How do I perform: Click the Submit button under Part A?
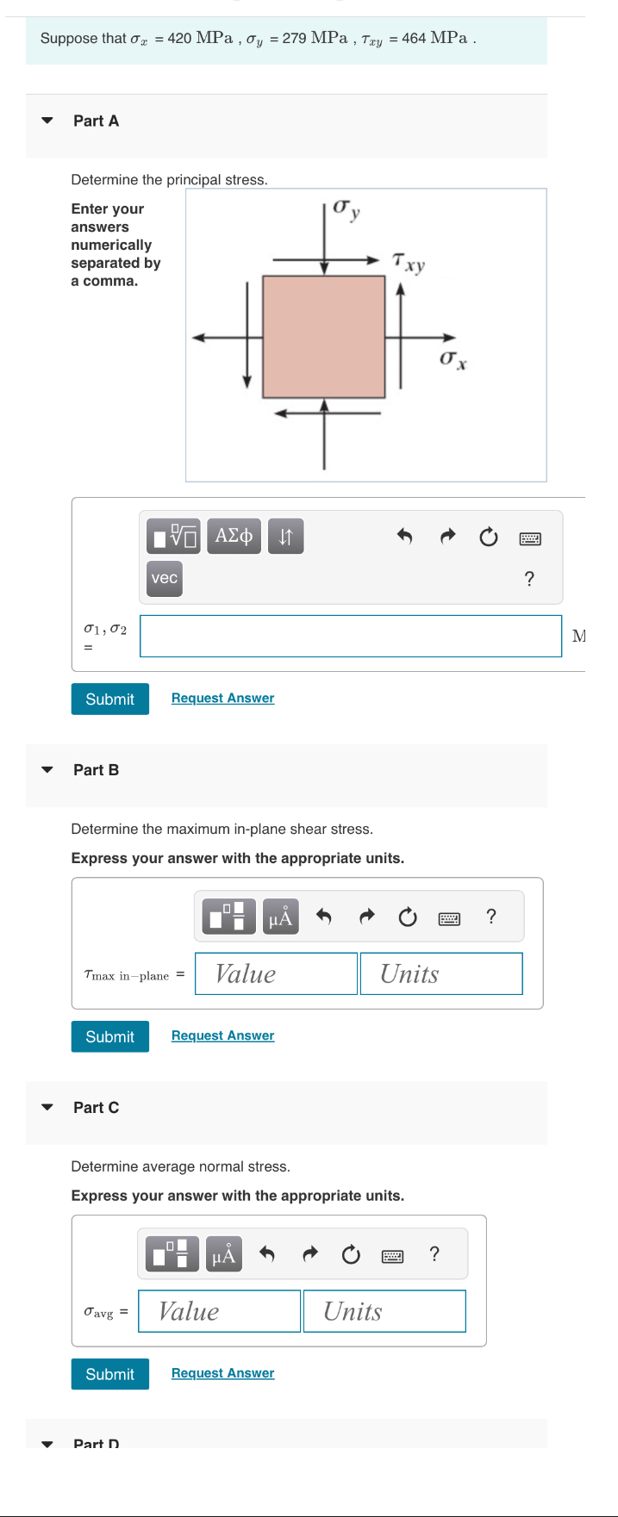[x=109, y=699]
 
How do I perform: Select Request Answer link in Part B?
[x=222, y=1035]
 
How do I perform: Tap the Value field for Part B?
[x=276, y=973]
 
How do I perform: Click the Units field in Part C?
[x=384, y=1311]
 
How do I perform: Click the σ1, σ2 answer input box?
[x=350, y=636]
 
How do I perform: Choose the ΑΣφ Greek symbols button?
[x=234, y=536]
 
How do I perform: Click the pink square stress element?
[x=323, y=337]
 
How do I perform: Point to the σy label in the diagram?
[x=346, y=209]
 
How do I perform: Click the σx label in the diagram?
[x=453, y=358]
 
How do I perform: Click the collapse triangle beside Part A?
[x=47, y=121]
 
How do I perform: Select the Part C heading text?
[x=96, y=1108]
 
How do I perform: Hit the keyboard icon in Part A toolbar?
[x=530, y=538]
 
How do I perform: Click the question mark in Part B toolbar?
[x=491, y=916]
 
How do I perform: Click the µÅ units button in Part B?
[x=280, y=917]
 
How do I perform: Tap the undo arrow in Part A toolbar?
[x=404, y=537]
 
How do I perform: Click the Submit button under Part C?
[x=109, y=1374]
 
